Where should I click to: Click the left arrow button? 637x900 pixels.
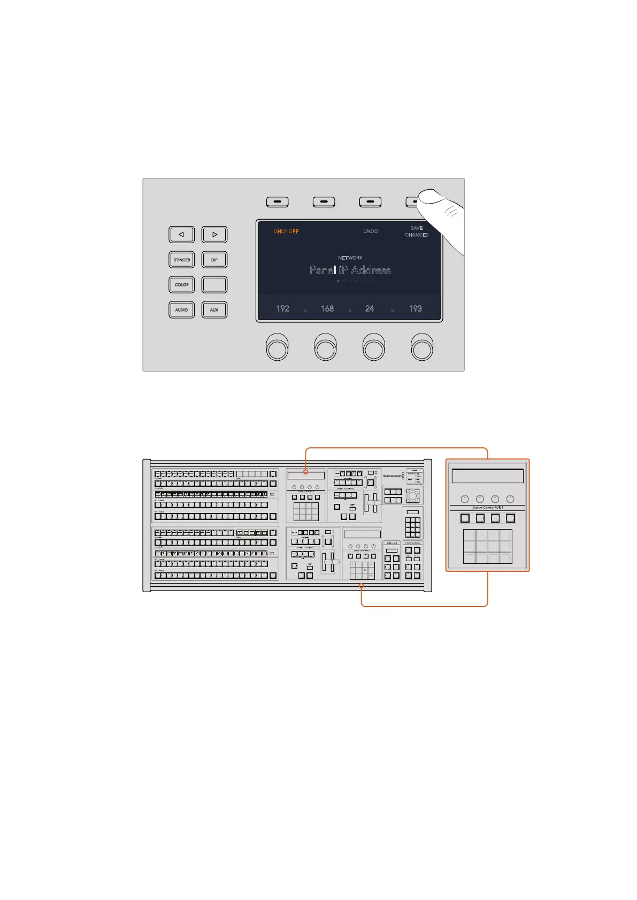pyautogui.click(x=182, y=235)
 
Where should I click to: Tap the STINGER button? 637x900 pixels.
pyautogui.click(x=182, y=260)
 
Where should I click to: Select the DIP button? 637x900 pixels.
pyautogui.click(x=214, y=260)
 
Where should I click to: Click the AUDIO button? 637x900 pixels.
pyautogui.click(x=182, y=310)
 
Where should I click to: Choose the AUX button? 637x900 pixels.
pyautogui.click(x=214, y=310)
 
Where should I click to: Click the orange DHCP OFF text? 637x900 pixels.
pyautogui.click(x=286, y=231)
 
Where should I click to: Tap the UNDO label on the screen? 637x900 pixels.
pyautogui.click(x=371, y=231)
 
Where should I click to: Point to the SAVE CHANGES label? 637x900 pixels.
pyautogui.click(x=417, y=231)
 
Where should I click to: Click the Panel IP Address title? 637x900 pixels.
pyautogui.click(x=350, y=270)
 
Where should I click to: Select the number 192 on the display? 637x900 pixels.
pyautogui.click(x=282, y=309)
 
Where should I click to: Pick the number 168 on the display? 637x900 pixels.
pyautogui.click(x=327, y=309)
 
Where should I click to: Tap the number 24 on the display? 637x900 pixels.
pyautogui.click(x=370, y=309)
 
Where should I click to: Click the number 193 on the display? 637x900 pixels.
pyautogui.click(x=415, y=309)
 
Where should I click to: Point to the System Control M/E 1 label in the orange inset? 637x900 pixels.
pyautogui.click(x=487, y=508)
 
